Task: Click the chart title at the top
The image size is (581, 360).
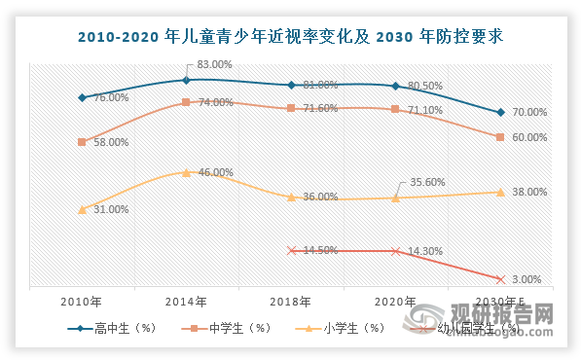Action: tap(290, 37)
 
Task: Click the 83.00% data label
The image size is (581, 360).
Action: tap(215, 64)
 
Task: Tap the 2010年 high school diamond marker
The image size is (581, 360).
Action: tap(83, 97)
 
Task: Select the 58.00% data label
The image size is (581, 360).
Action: tap(109, 142)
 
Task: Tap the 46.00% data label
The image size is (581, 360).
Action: tap(215, 172)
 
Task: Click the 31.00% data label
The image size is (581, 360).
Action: tap(109, 209)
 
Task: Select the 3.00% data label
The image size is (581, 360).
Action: tap(527, 280)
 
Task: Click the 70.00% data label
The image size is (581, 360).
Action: tap(529, 113)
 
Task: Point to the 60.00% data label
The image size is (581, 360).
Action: tap(529, 137)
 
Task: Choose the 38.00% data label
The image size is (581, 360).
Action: tap(529, 193)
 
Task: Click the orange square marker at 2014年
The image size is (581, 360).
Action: tap(186, 101)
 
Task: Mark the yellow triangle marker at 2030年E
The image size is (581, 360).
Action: tap(499, 192)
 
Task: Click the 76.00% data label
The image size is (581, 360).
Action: tap(112, 97)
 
